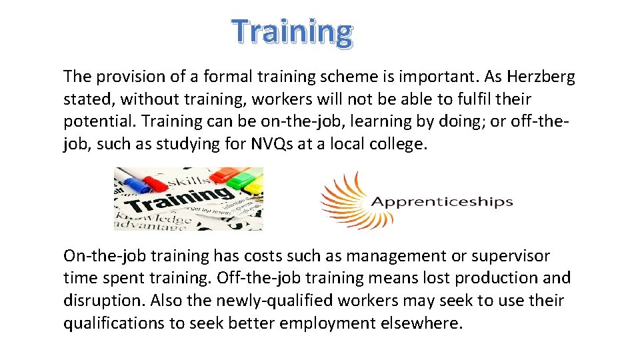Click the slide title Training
(292, 31)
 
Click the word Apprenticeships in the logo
(441, 201)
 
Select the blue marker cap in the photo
(127, 178)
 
